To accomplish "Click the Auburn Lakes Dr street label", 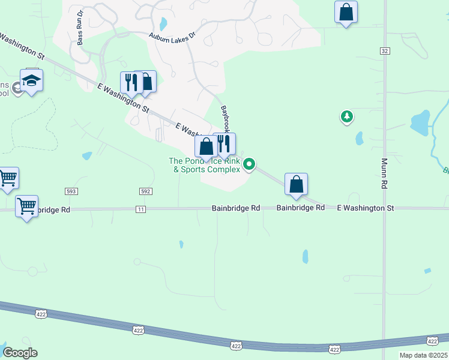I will coord(172,37).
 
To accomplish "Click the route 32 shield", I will coord(384,52).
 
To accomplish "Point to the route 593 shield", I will coord(71,191).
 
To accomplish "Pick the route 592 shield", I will coord(145,191).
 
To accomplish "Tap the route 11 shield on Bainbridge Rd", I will coord(140,209).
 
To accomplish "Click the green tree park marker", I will coord(346,116).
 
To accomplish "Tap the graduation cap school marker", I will coord(31,80).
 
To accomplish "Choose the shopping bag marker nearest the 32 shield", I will coord(346,12).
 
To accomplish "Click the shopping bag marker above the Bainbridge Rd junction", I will coord(296,184).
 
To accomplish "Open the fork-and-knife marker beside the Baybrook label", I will coord(224,144).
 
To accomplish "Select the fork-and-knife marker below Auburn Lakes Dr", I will coord(129,83).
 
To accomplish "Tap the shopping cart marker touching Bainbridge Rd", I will coord(26,206).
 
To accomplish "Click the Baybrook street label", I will coord(225,119).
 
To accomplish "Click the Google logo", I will coord(20,353).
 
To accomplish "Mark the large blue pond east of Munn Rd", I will coord(420,122).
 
